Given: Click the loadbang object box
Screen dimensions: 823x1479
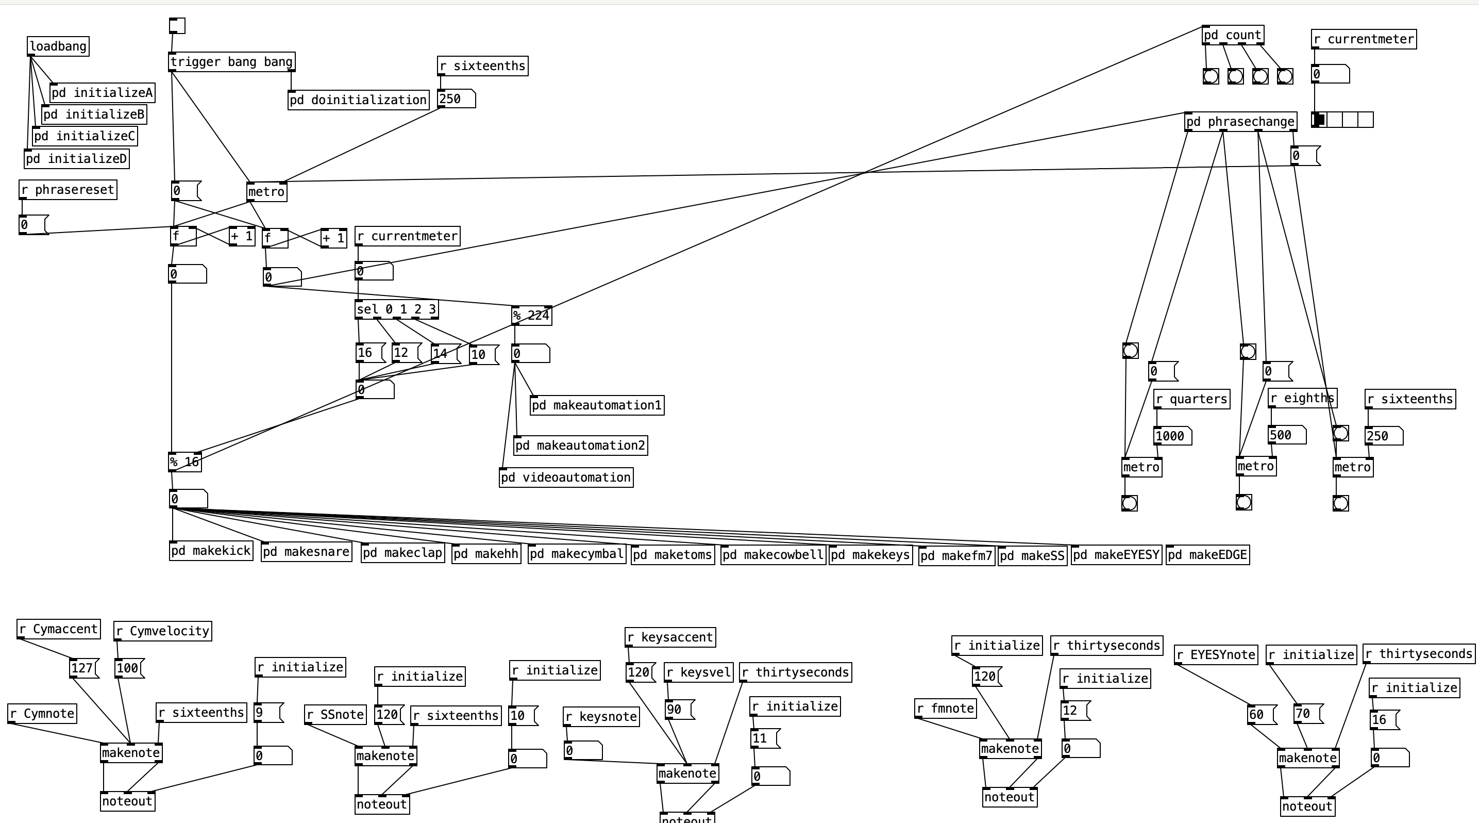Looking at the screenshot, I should click(x=58, y=46).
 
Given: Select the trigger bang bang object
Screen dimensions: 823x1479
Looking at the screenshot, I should click(x=232, y=62).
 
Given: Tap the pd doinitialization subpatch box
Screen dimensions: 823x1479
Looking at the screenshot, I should click(x=358, y=100).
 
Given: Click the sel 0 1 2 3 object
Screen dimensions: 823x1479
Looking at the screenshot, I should click(x=397, y=309).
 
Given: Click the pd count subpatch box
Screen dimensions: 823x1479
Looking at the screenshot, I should click(x=1233, y=35).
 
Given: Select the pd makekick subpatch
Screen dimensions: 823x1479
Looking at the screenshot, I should click(x=211, y=551).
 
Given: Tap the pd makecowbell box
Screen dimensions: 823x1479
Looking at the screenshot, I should click(x=773, y=555).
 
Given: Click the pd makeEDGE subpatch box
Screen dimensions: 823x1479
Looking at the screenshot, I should click(x=1207, y=555).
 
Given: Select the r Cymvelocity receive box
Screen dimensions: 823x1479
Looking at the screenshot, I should click(x=163, y=631).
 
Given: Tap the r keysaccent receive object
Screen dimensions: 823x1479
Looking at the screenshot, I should click(x=670, y=637).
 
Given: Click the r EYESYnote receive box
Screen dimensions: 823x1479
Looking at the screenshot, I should click(x=1216, y=655).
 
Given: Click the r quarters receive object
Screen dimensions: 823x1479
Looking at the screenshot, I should click(x=1191, y=399).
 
